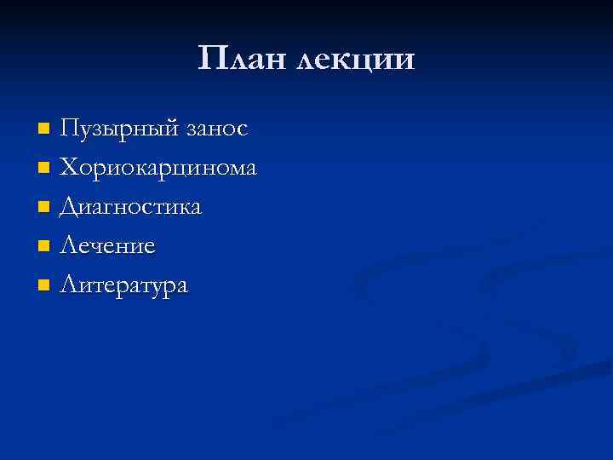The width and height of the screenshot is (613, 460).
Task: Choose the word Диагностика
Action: coord(131,208)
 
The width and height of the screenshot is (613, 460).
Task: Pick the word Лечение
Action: coord(107,246)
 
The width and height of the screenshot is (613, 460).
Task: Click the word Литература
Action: coord(123,285)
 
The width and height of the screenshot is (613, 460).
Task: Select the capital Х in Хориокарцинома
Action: coord(69,168)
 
